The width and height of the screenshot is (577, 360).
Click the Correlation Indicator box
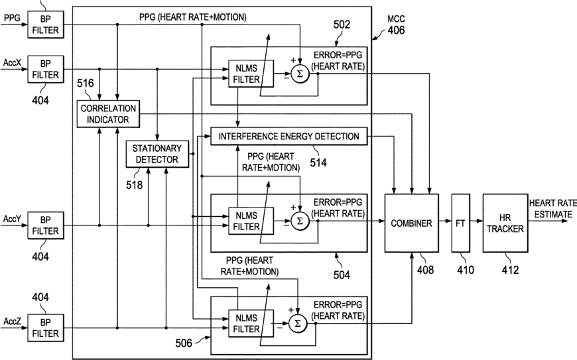pyautogui.click(x=108, y=114)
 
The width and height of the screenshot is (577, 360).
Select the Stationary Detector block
pyautogui.click(x=157, y=154)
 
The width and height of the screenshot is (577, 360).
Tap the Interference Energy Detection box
pyautogui.click(x=289, y=137)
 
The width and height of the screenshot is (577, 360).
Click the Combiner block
pyautogui.click(x=411, y=223)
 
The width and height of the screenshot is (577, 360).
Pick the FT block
pyautogui.click(x=461, y=223)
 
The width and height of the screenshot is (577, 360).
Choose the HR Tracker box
pyautogui.click(x=505, y=223)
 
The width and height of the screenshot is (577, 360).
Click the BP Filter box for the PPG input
pyautogui.click(x=46, y=25)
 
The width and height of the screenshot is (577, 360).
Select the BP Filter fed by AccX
pyautogui.click(x=46, y=69)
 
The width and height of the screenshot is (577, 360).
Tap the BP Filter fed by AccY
pyautogui.click(x=46, y=225)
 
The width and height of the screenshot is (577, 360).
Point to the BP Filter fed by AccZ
pyautogui.click(x=46, y=328)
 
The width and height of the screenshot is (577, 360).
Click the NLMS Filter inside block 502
pyautogui.click(x=251, y=74)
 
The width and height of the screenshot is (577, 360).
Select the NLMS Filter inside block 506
pyautogui.click(x=251, y=324)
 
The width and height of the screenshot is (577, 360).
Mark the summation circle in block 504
pyautogui.click(x=300, y=221)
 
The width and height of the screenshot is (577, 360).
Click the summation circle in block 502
pyautogui.click(x=300, y=74)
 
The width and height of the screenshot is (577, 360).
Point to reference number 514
pyautogui.click(x=318, y=162)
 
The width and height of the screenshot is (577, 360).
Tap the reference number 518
pyautogui.click(x=135, y=184)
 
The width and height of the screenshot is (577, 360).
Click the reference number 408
pyautogui.click(x=425, y=270)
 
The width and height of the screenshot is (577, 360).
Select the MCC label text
pyautogui.click(x=396, y=19)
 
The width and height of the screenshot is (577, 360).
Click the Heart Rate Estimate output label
pyautogui.click(x=552, y=209)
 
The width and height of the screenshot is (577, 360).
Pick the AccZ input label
pyautogui.click(x=13, y=322)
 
